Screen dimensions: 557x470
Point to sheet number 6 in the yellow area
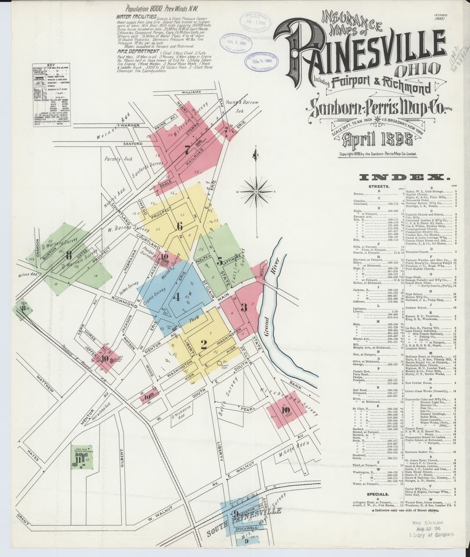(x=180, y=227)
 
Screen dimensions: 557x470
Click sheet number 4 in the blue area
(x=176, y=298)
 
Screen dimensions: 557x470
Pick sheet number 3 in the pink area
(x=244, y=307)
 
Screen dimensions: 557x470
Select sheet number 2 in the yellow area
(x=203, y=344)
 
